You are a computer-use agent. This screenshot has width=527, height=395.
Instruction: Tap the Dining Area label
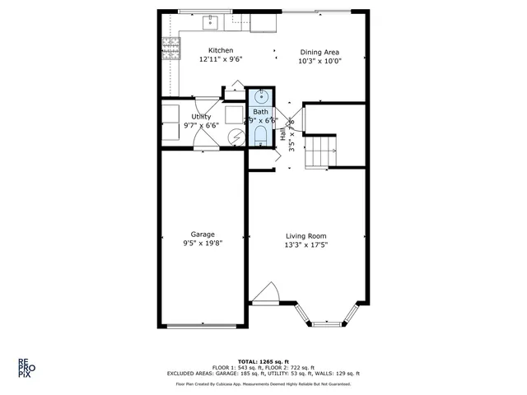pyautogui.click(x=319, y=51)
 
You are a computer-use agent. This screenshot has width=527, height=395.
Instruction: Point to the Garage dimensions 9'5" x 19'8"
pyautogui.click(x=203, y=244)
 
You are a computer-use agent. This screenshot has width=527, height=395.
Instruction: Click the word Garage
pyautogui.click(x=203, y=234)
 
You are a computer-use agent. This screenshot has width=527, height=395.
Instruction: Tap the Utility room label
pyautogui.click(x=201, y=117)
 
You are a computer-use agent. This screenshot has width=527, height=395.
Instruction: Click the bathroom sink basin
pyautogui.click(x=260, y=95)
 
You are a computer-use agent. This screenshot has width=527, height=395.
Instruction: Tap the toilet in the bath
pyautogui.click(x=260, y=133)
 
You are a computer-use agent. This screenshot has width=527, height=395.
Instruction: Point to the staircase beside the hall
pyautogui.click(x=321, y=151)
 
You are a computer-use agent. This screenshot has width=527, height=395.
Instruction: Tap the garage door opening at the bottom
pyautogui.click(x=203, y=326)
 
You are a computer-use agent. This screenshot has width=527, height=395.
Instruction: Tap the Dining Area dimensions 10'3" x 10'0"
pyautogui.click(x=319, y=61)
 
